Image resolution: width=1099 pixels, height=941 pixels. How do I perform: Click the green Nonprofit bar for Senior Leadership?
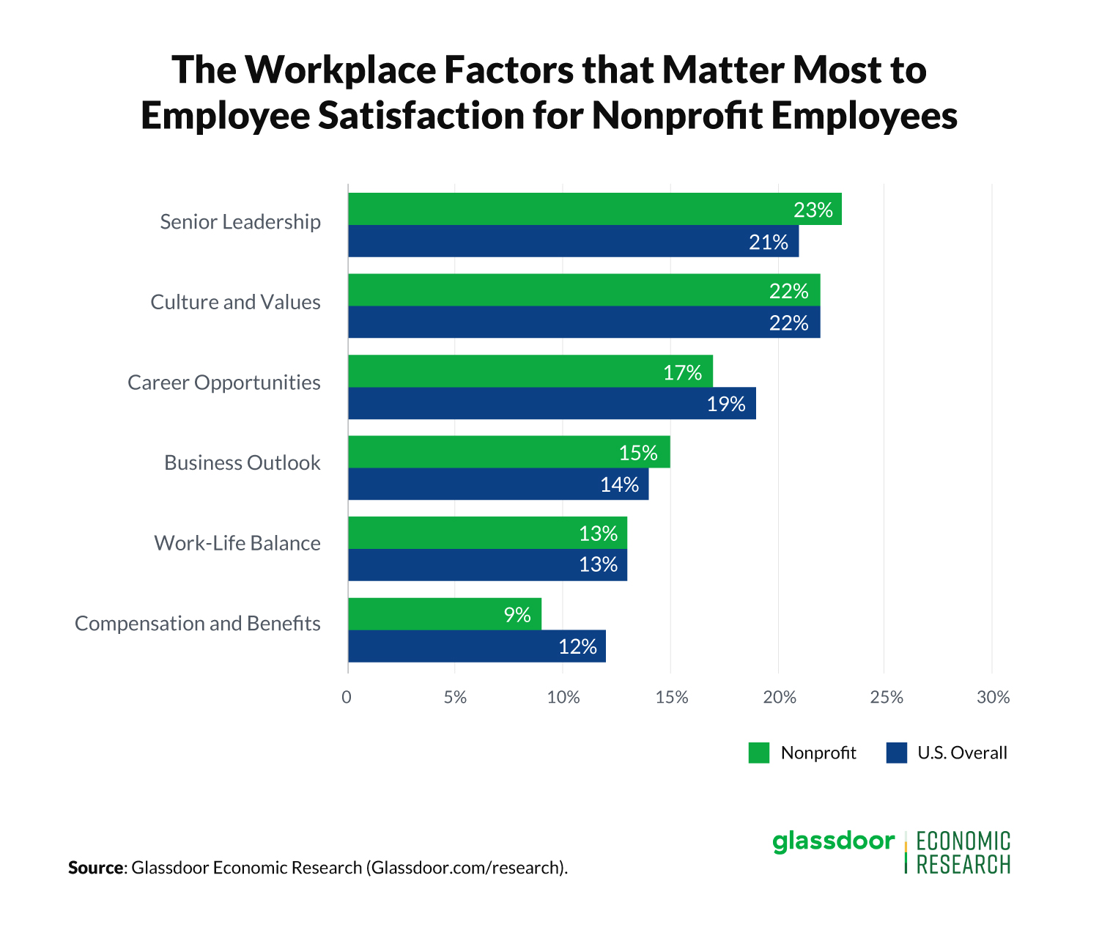[x=571, y=209]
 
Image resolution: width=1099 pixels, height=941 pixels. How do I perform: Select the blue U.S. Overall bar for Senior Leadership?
[x=549, y=241]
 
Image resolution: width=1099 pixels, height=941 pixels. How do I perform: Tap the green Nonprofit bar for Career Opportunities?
[x=513, y=371]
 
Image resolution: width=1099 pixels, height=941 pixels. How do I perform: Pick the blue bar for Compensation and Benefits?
[x=454, y=646]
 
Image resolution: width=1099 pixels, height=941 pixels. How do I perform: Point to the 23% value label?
[x=813, y=210]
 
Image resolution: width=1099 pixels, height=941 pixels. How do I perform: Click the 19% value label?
[x=725, y=404]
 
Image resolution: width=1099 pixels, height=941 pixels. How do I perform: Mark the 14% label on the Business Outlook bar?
[x=619, y=484]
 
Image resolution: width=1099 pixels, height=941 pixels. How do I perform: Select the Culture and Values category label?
[x=235, y=302]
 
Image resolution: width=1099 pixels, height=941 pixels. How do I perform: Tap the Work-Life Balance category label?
[x=237, y=543]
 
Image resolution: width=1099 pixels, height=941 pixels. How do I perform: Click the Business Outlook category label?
[x=242, y=462]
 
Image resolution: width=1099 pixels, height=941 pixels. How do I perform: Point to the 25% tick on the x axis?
[x=886, y=697]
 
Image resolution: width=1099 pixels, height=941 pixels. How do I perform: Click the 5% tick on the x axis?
[x=455, y=697]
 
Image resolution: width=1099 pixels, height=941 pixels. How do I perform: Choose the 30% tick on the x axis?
[x=993, y=697]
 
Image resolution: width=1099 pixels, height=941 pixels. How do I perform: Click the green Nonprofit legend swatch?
[x=758, y=753]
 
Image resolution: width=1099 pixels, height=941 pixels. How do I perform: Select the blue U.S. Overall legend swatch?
[x=896, y=753]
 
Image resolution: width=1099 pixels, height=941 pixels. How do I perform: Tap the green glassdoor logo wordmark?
[x=833, y=841]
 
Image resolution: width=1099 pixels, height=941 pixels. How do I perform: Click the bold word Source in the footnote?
[x=96, y=868]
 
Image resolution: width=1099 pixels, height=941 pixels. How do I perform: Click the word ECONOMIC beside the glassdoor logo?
[x=963, y=841]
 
